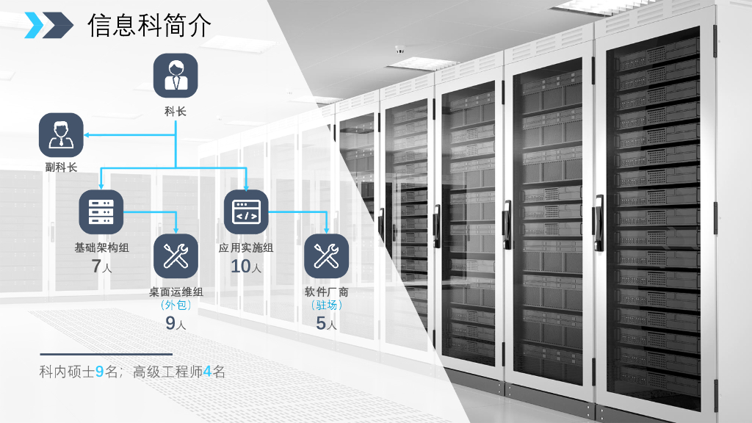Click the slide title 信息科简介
[149, 25]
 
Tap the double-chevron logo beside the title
[48, 25]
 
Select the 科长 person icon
[176, 76]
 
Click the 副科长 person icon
[61, 135]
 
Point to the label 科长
[176, 112]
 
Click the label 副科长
[61, 167]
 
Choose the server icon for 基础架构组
[101, 211]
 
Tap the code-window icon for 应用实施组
[246, 211]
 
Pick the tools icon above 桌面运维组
[176, 256]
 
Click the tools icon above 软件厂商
[326, 256]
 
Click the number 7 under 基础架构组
[96, 267]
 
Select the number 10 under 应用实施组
[241, 267]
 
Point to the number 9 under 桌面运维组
[170, 323]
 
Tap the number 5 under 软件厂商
[321, 323]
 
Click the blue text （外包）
[176, 305]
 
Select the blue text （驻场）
[326, 305]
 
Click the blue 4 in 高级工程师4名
[207, 372]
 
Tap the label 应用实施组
[246, 248]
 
